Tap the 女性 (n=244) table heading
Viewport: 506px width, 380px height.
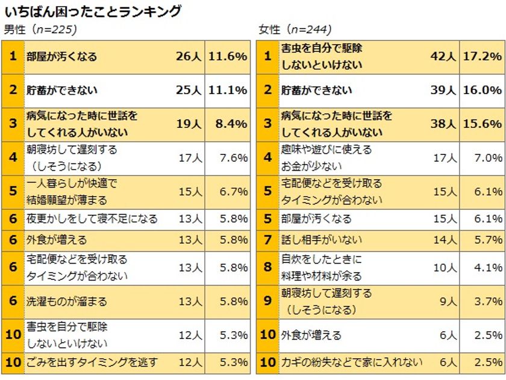point(295,30)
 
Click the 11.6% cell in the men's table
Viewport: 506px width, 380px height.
point(228,57)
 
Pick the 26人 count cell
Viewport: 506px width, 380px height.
point(189,57)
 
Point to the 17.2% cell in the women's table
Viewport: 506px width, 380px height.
point(483,57)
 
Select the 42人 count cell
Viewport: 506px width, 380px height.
point(443,57)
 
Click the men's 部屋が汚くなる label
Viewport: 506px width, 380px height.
point(61,57)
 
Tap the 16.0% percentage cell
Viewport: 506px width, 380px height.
point(483,90)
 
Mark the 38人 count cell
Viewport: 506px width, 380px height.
point(443,124)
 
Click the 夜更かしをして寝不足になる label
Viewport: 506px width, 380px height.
point(92,218)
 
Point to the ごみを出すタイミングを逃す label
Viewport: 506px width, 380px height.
point(92,363)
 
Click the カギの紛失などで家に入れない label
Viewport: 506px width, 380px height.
point(352,363)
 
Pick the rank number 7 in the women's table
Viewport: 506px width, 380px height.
point(267,239)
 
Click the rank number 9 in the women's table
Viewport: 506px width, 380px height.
point(267,301)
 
